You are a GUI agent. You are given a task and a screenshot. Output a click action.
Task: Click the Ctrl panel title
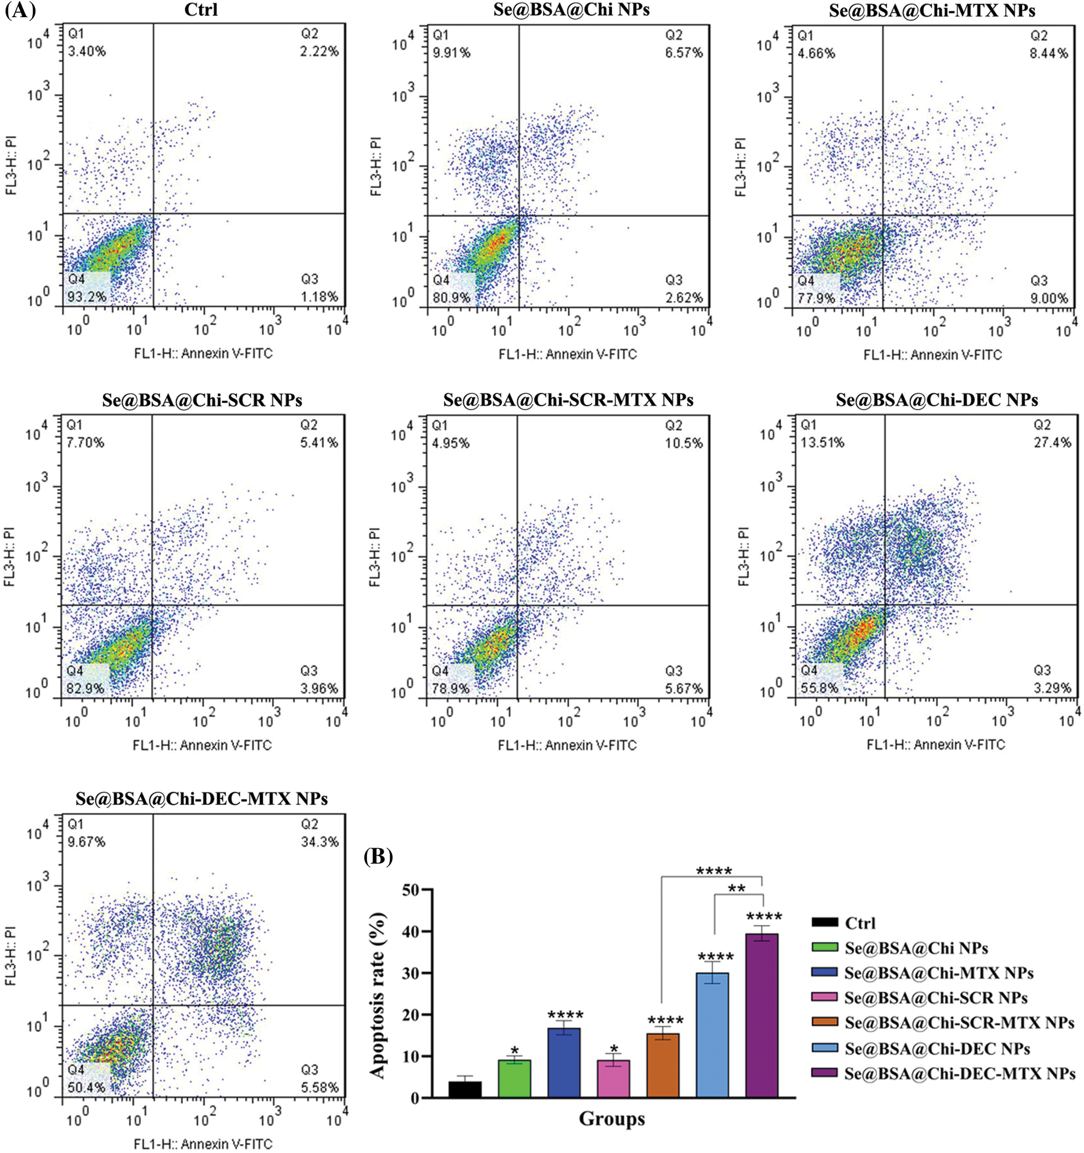click(x=201, y=10)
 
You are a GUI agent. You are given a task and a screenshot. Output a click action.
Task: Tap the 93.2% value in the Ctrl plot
click(x=87, y=297)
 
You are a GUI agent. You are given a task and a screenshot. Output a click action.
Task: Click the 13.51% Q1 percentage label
click(x=822, y=442)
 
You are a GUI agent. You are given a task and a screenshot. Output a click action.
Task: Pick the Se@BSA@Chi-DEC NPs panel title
click(x=937, y=400)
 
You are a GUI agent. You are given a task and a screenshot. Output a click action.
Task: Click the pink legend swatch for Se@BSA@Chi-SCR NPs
click(x=824, y=998)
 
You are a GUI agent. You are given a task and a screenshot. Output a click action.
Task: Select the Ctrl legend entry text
click(x=860, y=923)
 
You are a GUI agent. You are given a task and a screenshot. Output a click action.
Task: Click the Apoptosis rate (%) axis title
click(x=378, y=995)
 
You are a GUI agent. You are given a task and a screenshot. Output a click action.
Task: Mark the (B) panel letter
click(x=378, y=856)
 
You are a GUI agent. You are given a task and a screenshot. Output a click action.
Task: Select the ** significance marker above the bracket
click(x=736, y=888)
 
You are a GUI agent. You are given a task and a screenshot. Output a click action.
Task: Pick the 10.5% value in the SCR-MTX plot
click(x=684, y=443)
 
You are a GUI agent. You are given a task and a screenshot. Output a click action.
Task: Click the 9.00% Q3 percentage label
click(x=1049, y=298)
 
